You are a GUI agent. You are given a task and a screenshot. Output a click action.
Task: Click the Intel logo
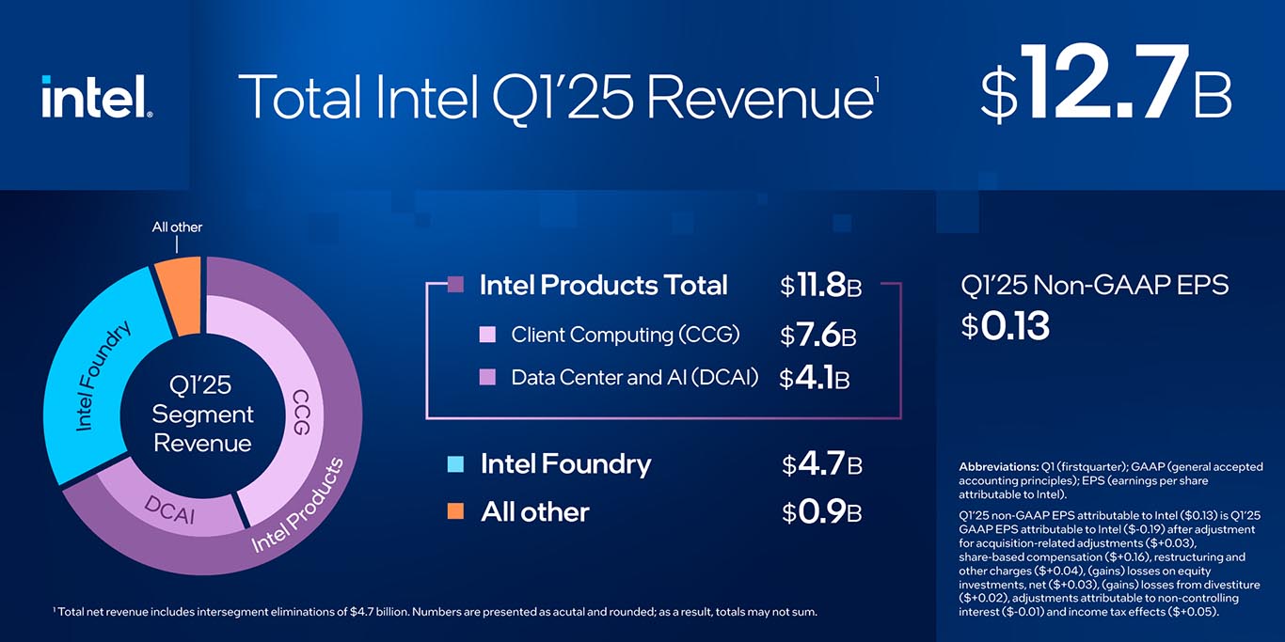click(x=96, y=97)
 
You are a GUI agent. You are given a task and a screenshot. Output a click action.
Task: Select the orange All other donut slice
click(x=179, y=294)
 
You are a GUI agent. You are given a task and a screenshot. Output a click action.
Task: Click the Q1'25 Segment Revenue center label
click(x=202, y=414)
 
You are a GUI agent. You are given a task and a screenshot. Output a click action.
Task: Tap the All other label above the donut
click(x=177, y=227)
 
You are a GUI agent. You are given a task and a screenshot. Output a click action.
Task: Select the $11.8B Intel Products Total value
click(x=820, y=286)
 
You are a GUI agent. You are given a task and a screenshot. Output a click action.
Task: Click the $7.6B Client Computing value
click(x=817, y=335)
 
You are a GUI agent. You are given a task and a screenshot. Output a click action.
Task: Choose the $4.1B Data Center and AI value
click(x=815, y=378)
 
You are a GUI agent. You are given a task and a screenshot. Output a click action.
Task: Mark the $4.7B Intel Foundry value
click(x=821, y=464)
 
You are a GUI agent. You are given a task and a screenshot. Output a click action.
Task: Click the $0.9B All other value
click(x=821, y=512)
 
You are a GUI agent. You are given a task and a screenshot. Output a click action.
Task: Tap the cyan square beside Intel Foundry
click(x=455, y=463)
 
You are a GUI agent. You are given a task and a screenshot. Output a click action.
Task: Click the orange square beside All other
click(x=455, y=511)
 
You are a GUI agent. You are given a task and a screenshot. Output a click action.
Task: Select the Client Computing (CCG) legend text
click(x=625, y=335)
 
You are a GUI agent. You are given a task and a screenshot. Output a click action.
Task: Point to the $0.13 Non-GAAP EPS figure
click(x=1005, y=326)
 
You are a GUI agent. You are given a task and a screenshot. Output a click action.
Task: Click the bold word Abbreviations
click(x=997, y=467)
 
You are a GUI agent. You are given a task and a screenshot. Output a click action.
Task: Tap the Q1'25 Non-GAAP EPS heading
click(x=1094, y=285)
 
